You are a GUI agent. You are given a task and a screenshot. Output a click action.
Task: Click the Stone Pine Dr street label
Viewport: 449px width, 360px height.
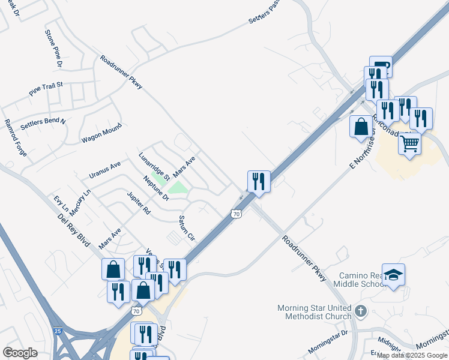(x=53, y=47)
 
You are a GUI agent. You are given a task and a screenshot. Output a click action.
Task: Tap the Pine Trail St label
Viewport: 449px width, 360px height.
(x=46, y=90)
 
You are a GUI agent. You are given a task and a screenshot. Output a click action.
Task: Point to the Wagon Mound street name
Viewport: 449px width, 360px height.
(x=101, y=133)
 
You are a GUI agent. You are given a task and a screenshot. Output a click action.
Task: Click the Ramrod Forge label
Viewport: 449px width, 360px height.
(x=16, y=137)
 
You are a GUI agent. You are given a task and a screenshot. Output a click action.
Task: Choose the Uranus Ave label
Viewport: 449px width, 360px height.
(x=105, y=169)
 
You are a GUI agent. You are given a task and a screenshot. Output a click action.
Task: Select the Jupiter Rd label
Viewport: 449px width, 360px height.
(x=139, y=203)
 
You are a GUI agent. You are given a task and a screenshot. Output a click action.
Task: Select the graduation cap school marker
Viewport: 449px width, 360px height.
(x=393, y=275)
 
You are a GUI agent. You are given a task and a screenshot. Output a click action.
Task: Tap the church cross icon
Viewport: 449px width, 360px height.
(x=360, y=311)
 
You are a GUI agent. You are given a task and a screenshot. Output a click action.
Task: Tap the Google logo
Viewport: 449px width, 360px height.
(x=20, y=352)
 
